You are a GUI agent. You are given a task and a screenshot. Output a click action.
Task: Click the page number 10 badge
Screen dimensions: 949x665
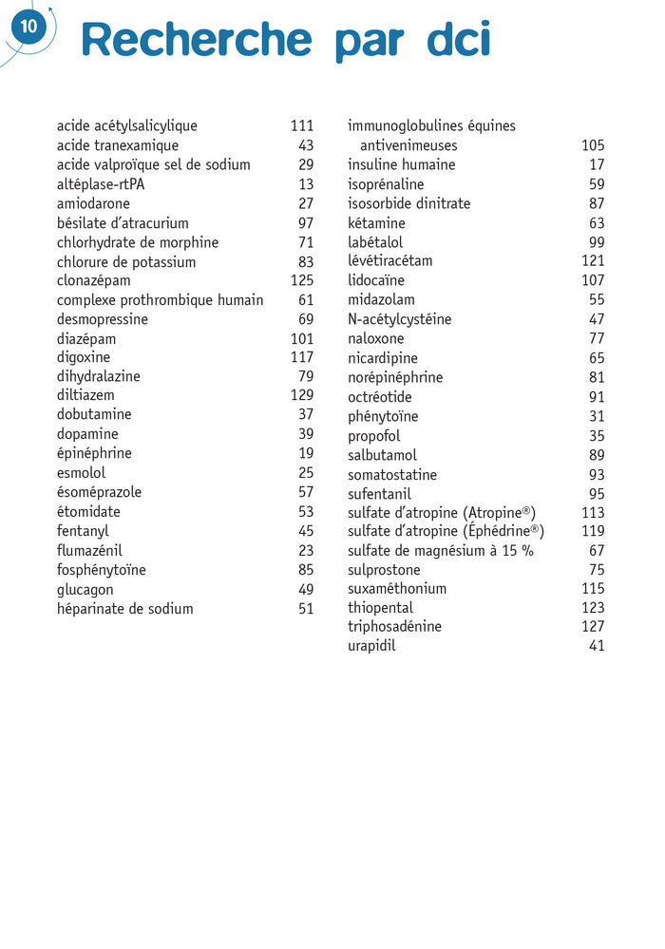pyautogui.click(x=28, y=27)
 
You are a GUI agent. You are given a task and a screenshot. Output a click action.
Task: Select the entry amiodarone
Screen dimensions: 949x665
pyautogui.click(x=93, y=203)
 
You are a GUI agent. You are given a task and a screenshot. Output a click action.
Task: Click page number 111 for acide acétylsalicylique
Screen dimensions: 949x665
pyautogui.click(x=302, y=125)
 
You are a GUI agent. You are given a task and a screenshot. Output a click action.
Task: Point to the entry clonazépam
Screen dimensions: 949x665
pyautogui.click(x=93, y=280)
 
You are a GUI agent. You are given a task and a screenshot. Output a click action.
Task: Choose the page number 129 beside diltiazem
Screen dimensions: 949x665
pyautogui.click(x=302, y=395)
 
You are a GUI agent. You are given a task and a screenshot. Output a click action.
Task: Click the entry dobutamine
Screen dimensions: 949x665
pyautogui.click(x=94, y=414)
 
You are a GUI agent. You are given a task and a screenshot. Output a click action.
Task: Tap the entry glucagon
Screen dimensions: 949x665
pyautogui.click(x=86, y=589)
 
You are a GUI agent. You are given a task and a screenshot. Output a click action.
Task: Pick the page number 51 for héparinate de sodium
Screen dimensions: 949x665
pyautogui.click(x=306, y=609)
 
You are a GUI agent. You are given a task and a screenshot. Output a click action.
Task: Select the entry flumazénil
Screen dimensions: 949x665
pyautogui.click(x=89, y=550)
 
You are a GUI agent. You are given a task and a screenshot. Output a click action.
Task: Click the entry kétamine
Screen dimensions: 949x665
pyautogui.click(x=376, y=223)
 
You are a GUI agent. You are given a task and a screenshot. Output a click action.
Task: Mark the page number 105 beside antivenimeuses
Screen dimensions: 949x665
pyautogui.click(x=593, y=145)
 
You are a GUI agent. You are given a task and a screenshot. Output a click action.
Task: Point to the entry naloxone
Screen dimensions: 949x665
pyautogui.click(x=375, y=338)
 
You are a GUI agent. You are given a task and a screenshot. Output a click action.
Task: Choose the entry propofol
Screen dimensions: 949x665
pyautogui.click(x=374, y=436)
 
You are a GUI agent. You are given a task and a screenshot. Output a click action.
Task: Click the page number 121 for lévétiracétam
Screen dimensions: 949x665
pyautogui.click(x=593, y=261)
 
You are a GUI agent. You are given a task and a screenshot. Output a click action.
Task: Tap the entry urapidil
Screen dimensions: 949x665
pyautogui.click(x=371, y=646)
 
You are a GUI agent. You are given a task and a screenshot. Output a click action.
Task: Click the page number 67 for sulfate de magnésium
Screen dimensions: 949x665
pyautogui.click(x=597, y=550)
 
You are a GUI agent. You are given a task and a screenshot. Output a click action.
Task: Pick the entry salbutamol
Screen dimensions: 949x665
pyautogui.click(x=382, y=455)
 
